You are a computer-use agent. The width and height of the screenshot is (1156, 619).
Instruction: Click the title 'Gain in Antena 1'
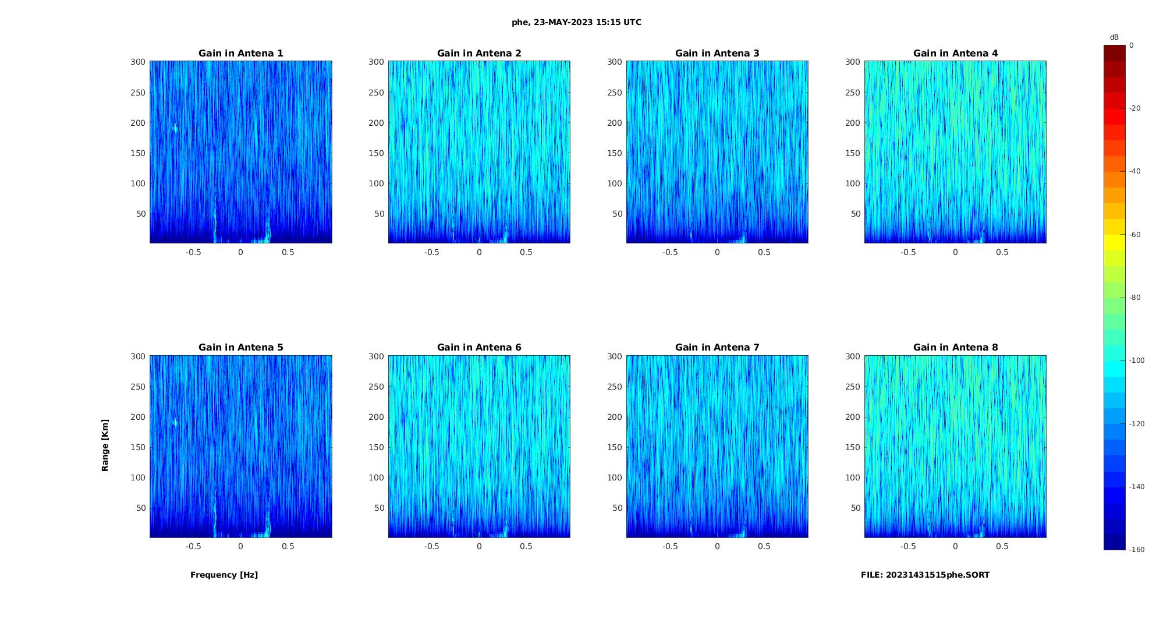[240, 53]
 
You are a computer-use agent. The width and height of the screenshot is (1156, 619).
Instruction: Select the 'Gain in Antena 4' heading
[955, 53]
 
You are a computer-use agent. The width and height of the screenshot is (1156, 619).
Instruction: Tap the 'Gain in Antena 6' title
[479, 347]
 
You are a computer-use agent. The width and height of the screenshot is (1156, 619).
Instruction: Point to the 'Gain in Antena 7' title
[717, 347]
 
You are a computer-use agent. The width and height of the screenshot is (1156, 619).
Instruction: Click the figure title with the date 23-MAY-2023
[576, 22]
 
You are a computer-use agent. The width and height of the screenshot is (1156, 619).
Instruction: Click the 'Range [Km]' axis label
[105, 445]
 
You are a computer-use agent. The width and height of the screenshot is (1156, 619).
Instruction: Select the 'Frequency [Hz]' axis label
[224, 575]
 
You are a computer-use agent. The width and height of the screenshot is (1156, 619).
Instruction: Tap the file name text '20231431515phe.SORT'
[938, 575]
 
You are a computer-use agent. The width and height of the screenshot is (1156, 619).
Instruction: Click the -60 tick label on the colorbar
[1135, 235]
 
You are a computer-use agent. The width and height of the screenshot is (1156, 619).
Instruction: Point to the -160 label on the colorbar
[1137, 550]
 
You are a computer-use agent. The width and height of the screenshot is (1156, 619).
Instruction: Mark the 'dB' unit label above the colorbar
[1114, 37]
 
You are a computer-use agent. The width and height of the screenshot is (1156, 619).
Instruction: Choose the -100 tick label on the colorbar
[1137, 360]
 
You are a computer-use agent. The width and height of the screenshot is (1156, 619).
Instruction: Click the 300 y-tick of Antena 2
[377, 62]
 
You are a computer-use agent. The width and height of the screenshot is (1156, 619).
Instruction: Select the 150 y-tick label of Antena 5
[138, 447]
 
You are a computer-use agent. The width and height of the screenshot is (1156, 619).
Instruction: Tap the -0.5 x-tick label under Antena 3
[670, 252]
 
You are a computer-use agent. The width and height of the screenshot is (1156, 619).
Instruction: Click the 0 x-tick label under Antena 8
[955, 546]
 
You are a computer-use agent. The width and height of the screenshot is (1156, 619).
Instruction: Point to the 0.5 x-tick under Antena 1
[288, 252]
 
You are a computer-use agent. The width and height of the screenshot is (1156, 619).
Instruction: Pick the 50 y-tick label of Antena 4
[856, 214]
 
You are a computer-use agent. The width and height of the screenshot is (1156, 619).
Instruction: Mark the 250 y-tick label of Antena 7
[615, 387]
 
